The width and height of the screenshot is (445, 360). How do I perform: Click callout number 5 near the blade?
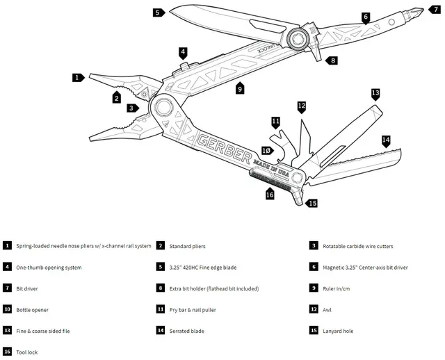click(x=157, y=13)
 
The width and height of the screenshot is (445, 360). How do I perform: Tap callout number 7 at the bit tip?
click(x=435, y=9)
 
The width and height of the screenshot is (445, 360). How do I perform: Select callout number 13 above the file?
click(x=375, y=92)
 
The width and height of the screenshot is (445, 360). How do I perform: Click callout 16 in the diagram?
click(x=270, y=195)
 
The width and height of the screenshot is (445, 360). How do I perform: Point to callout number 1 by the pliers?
click(x=78, y=77)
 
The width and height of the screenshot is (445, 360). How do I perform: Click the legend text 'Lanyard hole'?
click(x=338, y=332)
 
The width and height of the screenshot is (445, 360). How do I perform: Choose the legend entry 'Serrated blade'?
click(x=187, y=332)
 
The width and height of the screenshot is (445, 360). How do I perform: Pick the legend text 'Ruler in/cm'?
click(x=339, y=288)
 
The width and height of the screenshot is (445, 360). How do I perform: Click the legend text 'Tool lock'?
click(x=27, y=352)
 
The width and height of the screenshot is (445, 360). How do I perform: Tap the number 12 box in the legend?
click(x=314, y=310)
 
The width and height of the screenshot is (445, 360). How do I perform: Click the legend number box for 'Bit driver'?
click(x=7, y=288)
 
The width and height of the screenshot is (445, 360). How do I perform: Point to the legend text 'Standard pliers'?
click(x=187, y=246)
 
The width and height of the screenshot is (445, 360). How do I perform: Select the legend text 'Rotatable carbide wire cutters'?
click(x=362, y=246)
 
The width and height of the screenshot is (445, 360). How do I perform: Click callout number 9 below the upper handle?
click(x=239, y=89)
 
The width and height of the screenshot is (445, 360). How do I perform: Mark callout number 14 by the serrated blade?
click(x=386, y=140)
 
